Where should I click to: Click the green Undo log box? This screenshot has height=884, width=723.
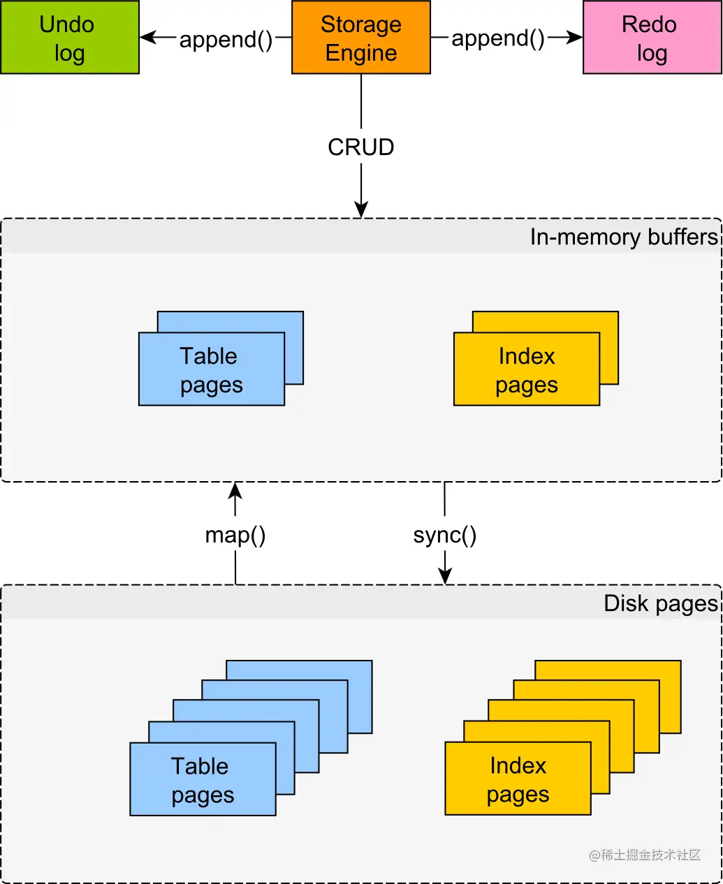coord(70,38)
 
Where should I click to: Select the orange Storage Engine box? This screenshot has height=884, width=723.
coord(360,38)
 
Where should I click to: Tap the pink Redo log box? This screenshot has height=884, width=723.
coord(652,38)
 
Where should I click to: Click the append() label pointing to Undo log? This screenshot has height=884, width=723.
coord(226,39)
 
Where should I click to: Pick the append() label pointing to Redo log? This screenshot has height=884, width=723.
coord(497,38)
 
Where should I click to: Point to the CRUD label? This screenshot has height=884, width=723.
coord(361,147)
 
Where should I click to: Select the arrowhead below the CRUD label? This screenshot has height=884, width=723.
coord(361,209)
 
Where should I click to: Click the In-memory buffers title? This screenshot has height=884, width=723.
coord(624,237)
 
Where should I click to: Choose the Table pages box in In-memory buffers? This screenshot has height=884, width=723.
coord(212,369)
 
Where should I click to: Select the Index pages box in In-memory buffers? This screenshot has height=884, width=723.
coord(527,369)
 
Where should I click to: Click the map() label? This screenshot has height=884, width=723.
coord(235,536)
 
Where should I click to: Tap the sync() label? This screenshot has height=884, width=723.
coord(445,536)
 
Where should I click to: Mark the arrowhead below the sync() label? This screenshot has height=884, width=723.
coord(445,576)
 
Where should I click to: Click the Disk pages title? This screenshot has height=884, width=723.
coord(661,603)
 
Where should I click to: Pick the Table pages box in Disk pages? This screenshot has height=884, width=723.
coord(203,779)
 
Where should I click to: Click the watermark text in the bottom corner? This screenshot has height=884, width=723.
coord(645,855)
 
